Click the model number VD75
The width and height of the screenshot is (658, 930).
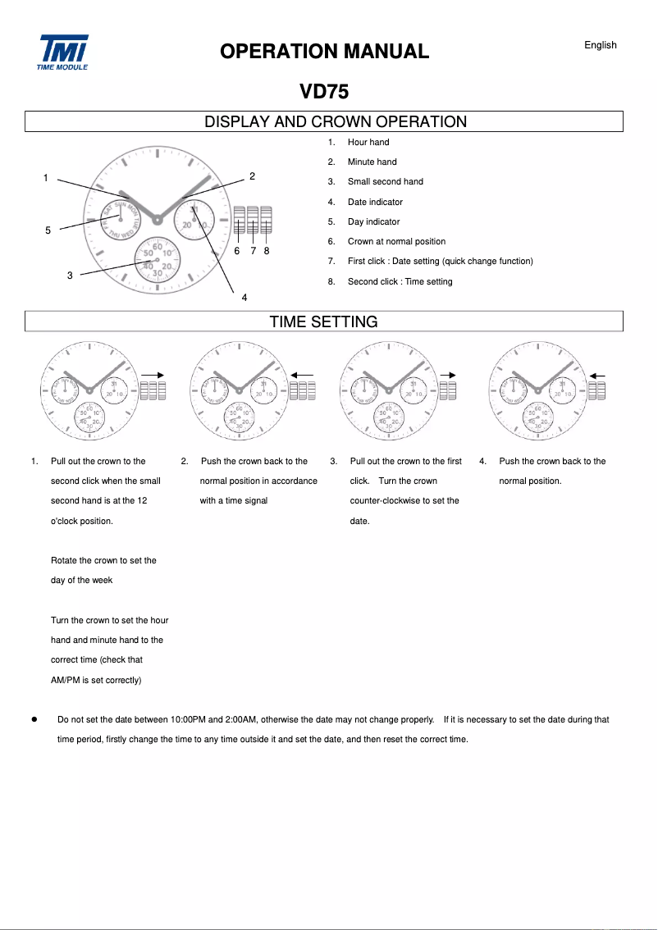pos(324,92)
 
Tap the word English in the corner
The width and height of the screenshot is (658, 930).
pos(600,45)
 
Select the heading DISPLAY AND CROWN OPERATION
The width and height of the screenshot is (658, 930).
pos(335,122)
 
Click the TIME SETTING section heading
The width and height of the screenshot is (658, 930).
pos(323,321)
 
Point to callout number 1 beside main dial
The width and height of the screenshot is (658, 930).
pos(46,178)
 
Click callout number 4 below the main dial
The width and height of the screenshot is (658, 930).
pos(244,297)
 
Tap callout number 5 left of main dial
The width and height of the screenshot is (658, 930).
pos(48,230)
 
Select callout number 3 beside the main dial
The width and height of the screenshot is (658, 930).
pos(70,276)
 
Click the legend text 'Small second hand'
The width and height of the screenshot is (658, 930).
pos(385,182)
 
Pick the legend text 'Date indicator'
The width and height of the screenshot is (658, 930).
pos(375,202)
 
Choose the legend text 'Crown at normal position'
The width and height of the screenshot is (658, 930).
pos(396,242)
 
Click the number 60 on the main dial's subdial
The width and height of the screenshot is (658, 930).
pos(157,244)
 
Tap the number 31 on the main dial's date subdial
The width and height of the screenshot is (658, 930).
pos(194,210)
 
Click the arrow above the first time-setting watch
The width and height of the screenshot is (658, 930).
pos(153,375)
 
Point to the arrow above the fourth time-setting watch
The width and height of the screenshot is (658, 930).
pos(597,375)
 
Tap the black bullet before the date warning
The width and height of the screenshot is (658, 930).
pos(34,719)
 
